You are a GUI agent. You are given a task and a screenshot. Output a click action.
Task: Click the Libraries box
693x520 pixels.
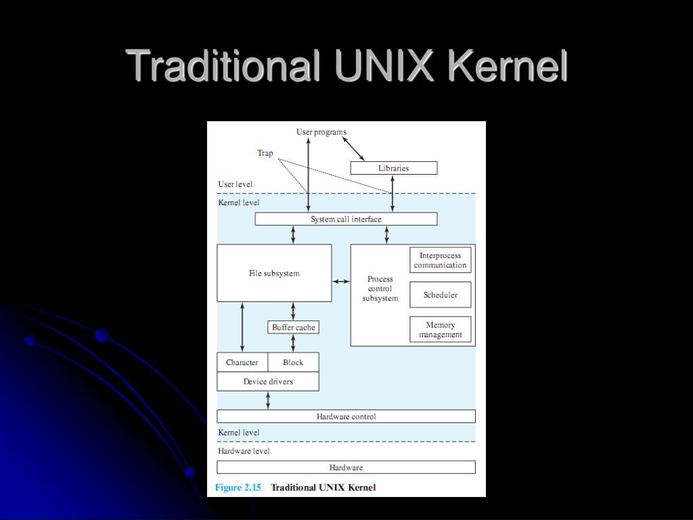click(x=393, y=168)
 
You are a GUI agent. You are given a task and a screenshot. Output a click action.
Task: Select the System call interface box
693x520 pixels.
click(x=346, y=219)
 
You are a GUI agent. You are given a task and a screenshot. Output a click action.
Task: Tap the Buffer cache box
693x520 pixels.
click(x=293, y=328)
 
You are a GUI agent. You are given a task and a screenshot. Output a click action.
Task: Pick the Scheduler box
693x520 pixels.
click(x=441, y=295)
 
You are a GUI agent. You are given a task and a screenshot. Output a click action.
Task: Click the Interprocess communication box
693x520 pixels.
click(x=441, y=261)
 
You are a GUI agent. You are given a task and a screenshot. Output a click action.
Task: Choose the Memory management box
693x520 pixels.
click(x=441, y=330)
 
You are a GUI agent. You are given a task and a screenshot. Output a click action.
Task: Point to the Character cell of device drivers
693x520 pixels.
click(x=242, y=362)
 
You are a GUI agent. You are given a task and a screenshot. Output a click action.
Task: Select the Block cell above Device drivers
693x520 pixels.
click(x=293, y=362)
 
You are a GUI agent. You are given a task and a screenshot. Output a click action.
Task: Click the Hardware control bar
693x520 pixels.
click(x=346, y=416)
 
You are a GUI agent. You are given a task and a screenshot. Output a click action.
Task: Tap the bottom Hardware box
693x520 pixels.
click(x=346, y=467)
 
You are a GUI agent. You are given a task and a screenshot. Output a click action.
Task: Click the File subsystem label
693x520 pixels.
click(x=274, y=274)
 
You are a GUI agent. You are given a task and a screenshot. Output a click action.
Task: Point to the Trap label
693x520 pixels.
click(x=265, y=153)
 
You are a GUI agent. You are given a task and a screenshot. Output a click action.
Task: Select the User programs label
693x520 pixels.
click(x=321, y=132)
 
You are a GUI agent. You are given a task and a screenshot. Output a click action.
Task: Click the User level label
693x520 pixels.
click(x=236, y=184)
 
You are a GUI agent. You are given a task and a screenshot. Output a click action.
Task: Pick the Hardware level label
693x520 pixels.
click(x=244, y=451)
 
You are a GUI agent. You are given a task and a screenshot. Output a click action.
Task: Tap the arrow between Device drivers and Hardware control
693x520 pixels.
click(x=268, y=400)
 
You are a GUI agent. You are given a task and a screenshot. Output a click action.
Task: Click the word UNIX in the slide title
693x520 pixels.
click(x=383, y=66)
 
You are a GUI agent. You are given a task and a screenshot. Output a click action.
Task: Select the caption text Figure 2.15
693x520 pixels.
click(x=238, y=487)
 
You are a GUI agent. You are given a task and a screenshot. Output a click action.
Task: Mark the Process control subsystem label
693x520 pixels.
click(x=380, y=288)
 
